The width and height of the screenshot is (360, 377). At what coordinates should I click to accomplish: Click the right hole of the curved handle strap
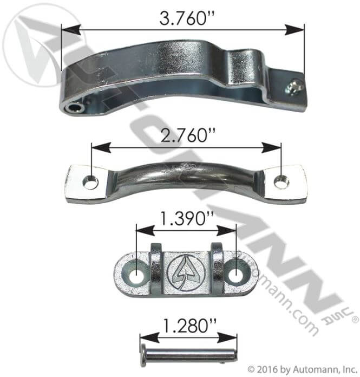tap(280, 182)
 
